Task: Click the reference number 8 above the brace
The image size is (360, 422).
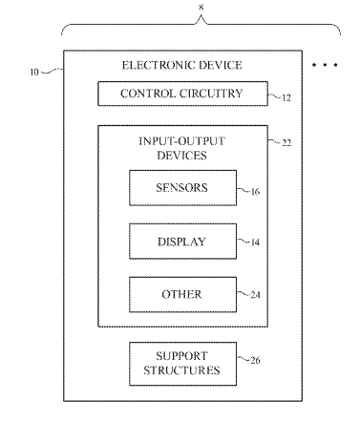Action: click(x=201, y=8)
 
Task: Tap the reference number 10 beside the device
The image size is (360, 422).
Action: click(x=34, y=73)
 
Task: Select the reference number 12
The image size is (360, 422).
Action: click(x=286, y=97)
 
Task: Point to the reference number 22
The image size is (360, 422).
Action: click(x=286, y=142)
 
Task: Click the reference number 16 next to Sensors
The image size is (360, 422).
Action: click(x=255, y=192)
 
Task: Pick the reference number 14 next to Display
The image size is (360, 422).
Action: click(x=255, y=243)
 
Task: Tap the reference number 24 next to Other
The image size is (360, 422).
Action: click(x=255, y=295)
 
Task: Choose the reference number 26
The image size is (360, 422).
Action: click(x=255, y=360)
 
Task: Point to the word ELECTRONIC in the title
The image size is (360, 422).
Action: click(x=154, y=65)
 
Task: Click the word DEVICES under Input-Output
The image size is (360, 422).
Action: click(x=181, y=156)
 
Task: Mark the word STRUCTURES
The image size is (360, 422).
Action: click(x=181, y=370)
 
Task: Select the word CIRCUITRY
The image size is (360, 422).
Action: click(x=211, y=94)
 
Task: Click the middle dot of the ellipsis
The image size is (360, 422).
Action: click(x=325, y=65)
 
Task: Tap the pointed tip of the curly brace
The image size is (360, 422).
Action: click(x=201, y=16)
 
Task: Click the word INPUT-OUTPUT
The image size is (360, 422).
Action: click(x=181, y=141)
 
